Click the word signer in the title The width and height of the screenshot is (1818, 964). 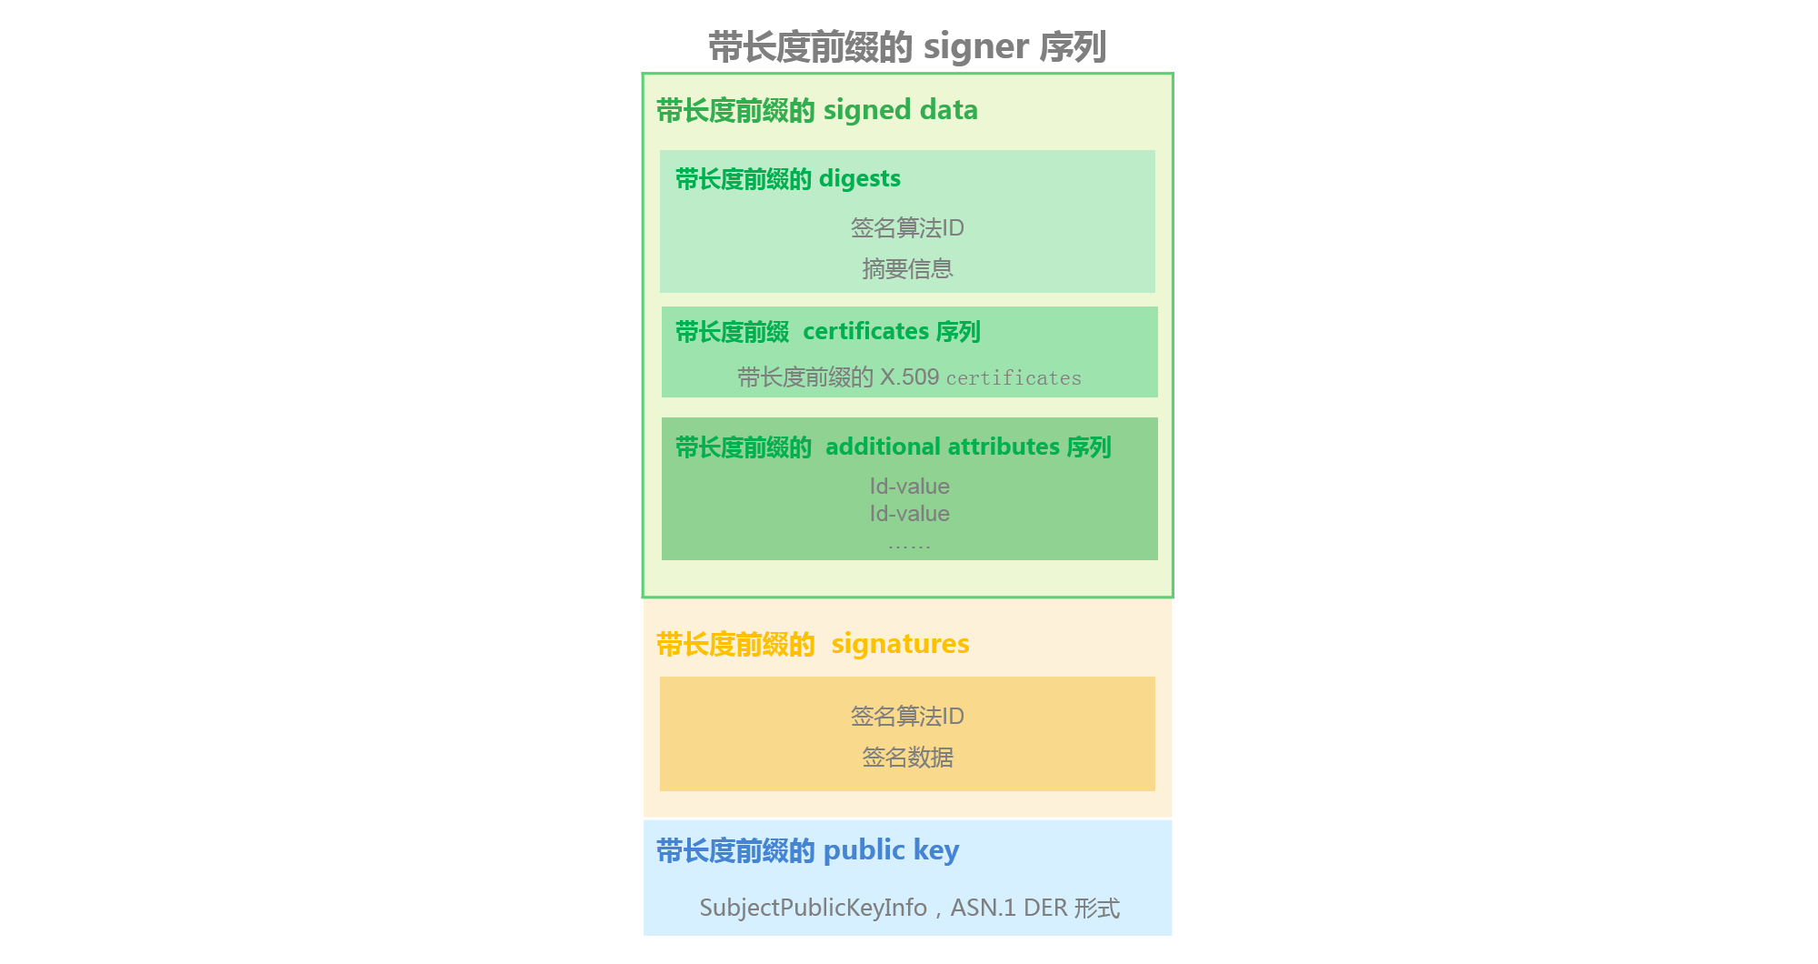[975, 47]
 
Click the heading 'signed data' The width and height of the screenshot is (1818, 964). [900, 110]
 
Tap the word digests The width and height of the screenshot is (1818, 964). [859, 179]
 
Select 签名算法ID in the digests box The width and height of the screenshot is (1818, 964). [907, 228]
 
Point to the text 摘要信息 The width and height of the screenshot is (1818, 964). [907, 269]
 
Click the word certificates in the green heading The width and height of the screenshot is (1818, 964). [865, 332]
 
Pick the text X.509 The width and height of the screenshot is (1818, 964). [909, 377]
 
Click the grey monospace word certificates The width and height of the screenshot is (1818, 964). [1014, 378]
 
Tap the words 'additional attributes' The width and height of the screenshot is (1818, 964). [943, 447]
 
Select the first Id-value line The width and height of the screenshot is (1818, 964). [909, 487]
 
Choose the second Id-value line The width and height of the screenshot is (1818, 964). [909, 514]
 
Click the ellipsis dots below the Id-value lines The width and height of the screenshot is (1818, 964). [909, 547]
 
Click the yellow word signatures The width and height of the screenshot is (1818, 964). [900, 644]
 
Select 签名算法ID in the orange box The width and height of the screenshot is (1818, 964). [907, 717]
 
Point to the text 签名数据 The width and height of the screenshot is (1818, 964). [907, 758]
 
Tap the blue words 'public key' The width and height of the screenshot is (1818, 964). [891, 850]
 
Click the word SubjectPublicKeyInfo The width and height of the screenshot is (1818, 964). [813, 908]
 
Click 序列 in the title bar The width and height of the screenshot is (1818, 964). [1073, 47]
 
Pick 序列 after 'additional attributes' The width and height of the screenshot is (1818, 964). [1089, 447]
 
